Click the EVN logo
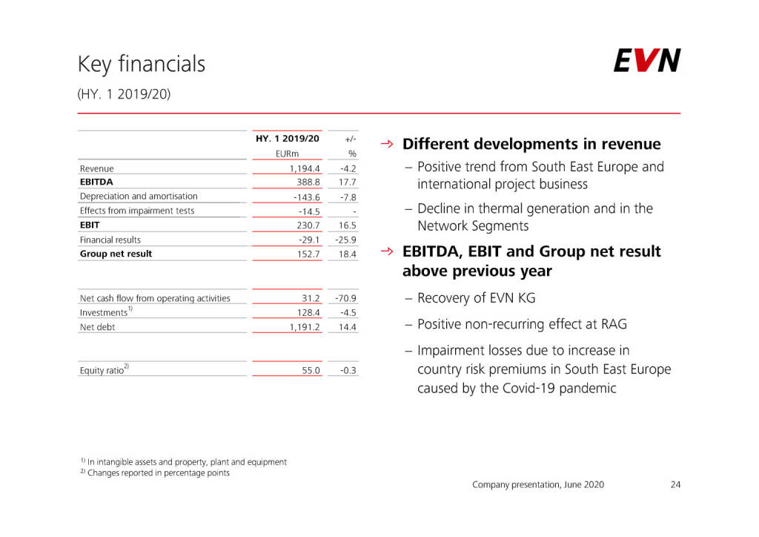click(x=646, y=61)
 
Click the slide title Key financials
click(x=142, y=65)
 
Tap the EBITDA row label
click(x=96, y=181)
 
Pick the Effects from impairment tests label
click(x=137, y=211)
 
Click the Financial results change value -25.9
click(x=345, y=240)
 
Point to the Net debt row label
click(x=97, y=327)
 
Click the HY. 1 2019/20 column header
click(x=287, y=139)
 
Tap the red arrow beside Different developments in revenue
click(x=386, y=143)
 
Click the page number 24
click(x=675, y=484)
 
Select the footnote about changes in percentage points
click(x=158, y=473)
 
